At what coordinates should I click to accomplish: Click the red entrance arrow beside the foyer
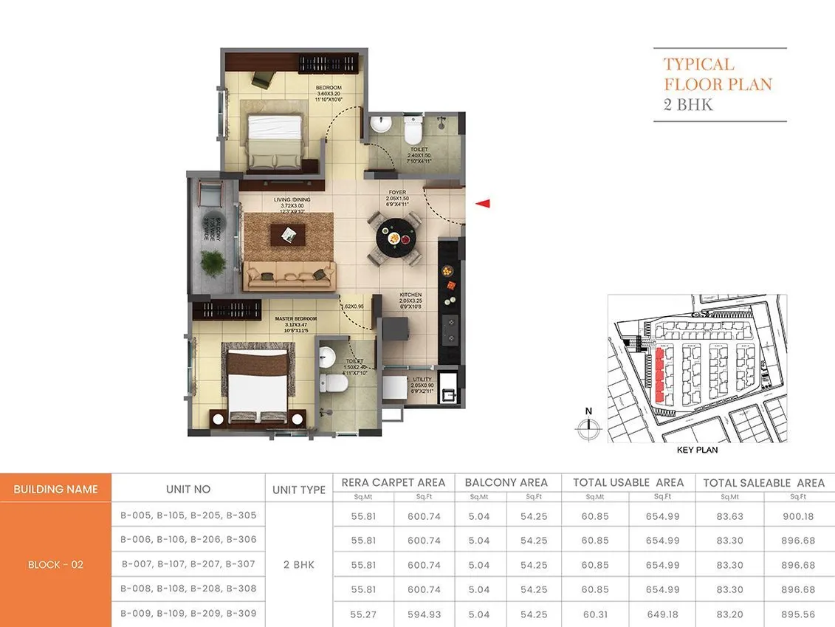click(482, 204)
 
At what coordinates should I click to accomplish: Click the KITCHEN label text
click(410, 295)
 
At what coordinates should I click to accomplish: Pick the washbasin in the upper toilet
click(381, 125)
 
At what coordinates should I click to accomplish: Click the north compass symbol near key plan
click(588, 425)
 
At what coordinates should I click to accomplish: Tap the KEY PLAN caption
click(696, 450)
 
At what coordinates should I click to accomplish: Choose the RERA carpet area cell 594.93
click(424, 614)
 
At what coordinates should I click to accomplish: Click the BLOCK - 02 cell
click(55, 565)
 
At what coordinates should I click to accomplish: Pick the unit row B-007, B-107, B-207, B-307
click(188, 564)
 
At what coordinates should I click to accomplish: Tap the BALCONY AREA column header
click(506, 482)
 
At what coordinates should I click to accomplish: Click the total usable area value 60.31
click(594, 614)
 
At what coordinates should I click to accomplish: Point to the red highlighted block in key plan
click(658, 376)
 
